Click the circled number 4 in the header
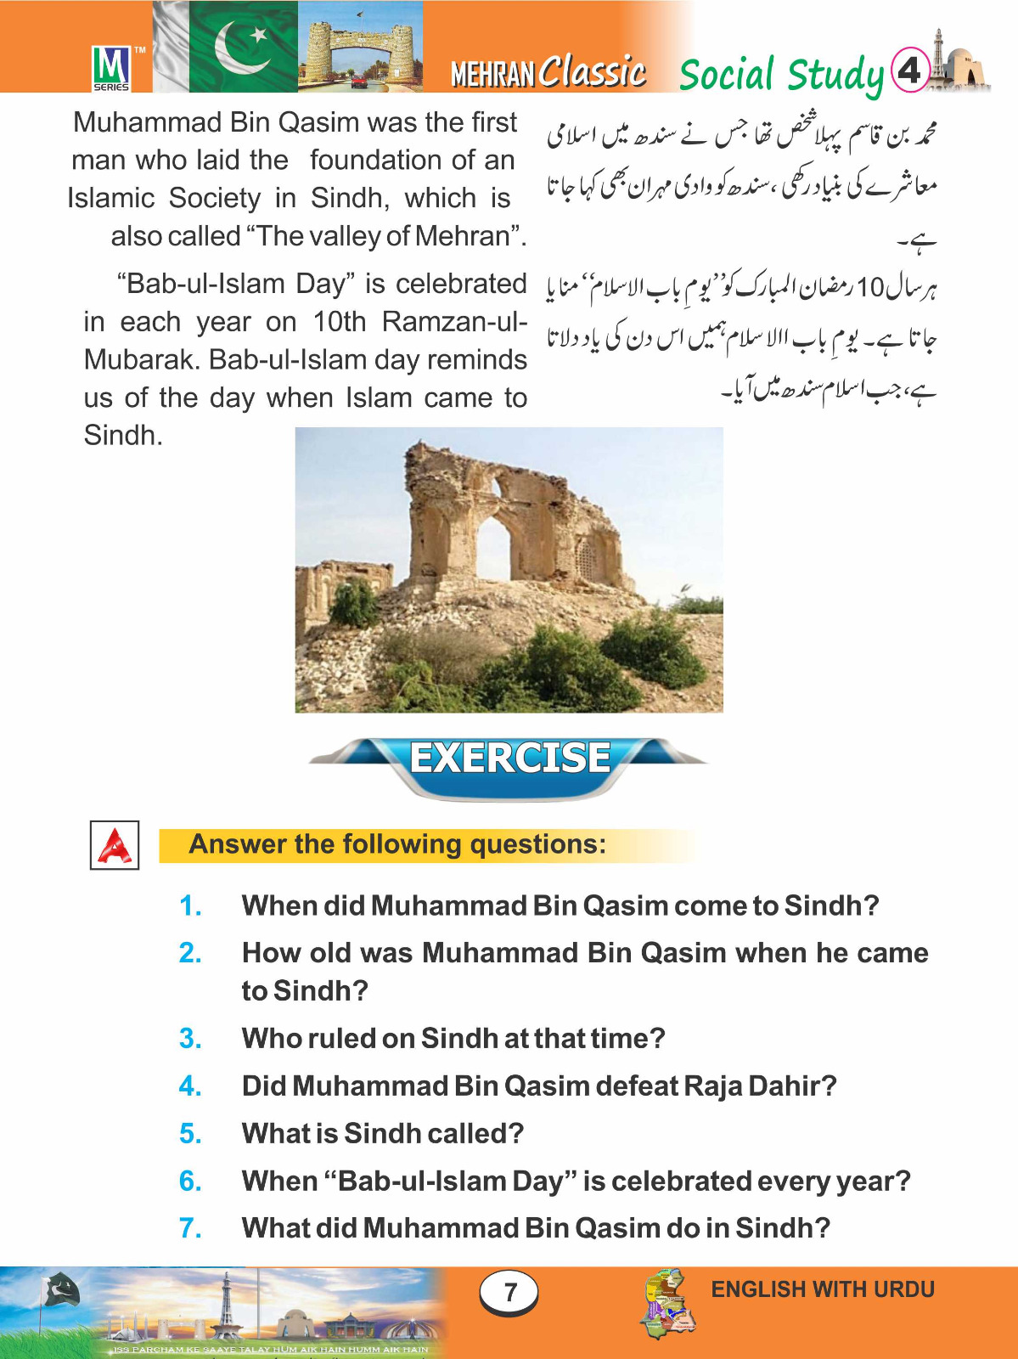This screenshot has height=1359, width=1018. coord(909,70)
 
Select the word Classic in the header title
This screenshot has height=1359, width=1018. coord(593,71)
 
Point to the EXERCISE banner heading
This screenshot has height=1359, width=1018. coord(509,758)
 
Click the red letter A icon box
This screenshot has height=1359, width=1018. coord(115,845)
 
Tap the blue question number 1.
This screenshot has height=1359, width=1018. coord(190,905)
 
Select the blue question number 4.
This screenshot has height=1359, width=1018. coord(190,1086)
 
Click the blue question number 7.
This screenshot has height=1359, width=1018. coord(190,1228)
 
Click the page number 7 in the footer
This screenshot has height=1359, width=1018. coord(509,1293)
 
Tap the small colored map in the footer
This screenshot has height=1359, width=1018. coord(669,1304)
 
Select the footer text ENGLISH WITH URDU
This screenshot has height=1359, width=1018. coord(822,1289)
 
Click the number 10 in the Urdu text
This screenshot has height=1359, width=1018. coord(870,288)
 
